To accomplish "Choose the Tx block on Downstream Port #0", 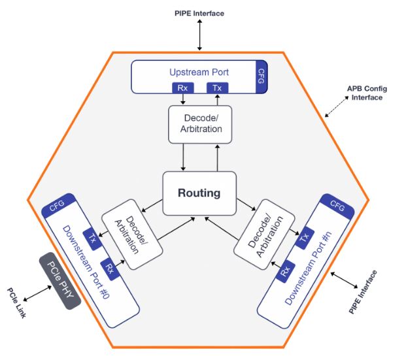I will (x=93, y=239).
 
